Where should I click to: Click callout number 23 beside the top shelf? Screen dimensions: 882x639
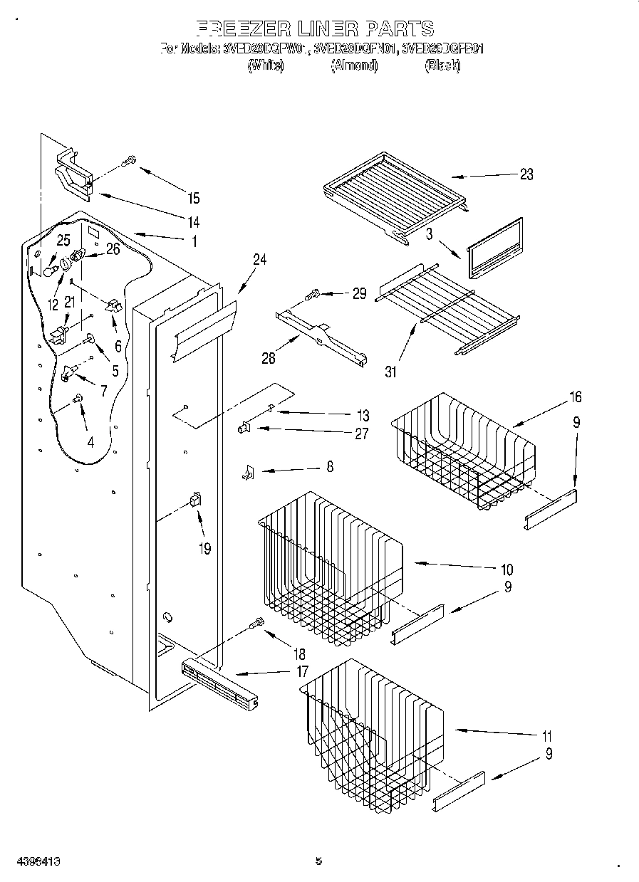tap(526, 174)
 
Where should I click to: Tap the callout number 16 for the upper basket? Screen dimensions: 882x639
tap(575, 397)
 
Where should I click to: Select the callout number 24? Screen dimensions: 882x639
tap(259, 260)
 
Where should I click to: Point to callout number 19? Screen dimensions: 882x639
tap(205, 549)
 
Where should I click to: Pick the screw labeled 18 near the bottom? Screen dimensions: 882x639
tap(256, 624)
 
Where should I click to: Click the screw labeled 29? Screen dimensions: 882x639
tap(313, 292)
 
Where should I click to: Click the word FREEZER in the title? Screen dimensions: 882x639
tap(242, 29)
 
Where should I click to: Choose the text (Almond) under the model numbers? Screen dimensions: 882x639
tap(354, 65)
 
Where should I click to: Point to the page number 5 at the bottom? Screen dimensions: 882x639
tap(318, 861)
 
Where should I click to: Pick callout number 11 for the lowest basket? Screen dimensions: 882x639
tap(546, 736)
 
